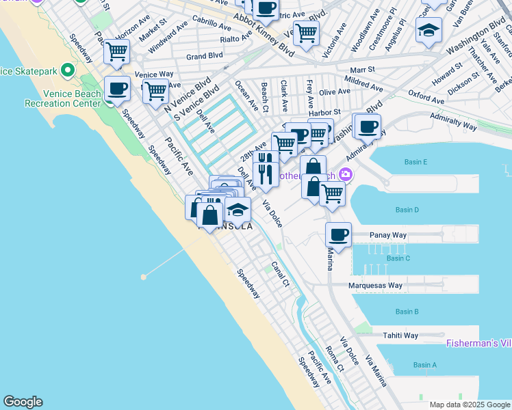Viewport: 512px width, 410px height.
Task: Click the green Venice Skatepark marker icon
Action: click(x=67, y=70)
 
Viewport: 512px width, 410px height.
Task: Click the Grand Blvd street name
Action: click(x=205, y=57)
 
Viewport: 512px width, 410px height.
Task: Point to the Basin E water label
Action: click(x=416, y=162)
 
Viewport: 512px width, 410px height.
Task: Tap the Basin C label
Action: click(x=398, y=258)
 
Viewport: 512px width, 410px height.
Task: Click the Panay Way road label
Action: click(x=388, y=235)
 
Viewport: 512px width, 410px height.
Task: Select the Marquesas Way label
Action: click(x=376, y=285)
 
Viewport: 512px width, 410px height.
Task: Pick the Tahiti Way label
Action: click(x=400, y=336)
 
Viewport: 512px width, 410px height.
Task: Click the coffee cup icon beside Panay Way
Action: click(x=338, y=235)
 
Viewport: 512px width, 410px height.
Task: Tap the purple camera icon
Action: click(x=346, y=175)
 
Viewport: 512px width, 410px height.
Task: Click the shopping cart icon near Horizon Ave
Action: click(x=117, y=51)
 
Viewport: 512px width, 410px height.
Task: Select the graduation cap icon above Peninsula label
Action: click(x=238, y=209)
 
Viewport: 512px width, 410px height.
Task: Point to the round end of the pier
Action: click(x=144, y=277)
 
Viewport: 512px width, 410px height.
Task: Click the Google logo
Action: click(x=23, y=402)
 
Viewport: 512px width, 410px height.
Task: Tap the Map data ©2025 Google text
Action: click(x=469, y=405)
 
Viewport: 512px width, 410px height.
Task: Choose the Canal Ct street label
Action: click(x=281, y=273)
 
